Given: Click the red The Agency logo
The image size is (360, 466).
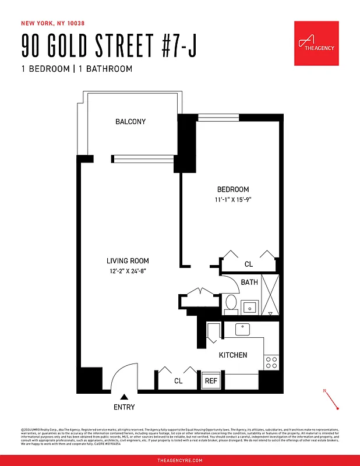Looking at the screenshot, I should click(316, 44).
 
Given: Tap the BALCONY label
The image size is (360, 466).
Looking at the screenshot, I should click(130, 122).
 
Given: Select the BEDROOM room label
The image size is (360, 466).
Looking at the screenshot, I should click(233, 189).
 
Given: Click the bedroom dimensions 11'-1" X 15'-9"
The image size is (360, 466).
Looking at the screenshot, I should click(233, 199).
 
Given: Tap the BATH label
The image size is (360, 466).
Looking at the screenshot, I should click(249, 283).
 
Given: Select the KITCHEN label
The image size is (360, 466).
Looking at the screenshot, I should click(233, 355).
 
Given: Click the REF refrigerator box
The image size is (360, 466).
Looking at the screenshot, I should click(210, 382).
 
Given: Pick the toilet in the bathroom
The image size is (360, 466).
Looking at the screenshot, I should click(230, 303).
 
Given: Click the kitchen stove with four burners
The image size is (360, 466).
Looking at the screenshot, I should click(271, 362).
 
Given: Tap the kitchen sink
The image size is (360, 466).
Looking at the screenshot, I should click(243, 329).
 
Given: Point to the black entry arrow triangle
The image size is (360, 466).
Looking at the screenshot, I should click(123, 397).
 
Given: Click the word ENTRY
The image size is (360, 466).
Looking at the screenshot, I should click(123, 407).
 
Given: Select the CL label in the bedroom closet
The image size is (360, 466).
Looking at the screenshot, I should click(249, 264).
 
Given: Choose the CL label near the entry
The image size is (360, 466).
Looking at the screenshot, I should click(178, 381).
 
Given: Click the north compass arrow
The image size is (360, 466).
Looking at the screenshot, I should click(331, 400).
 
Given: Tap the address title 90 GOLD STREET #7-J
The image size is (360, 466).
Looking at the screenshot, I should click(108, 47).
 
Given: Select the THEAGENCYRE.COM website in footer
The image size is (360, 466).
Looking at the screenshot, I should click(180, 460).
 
